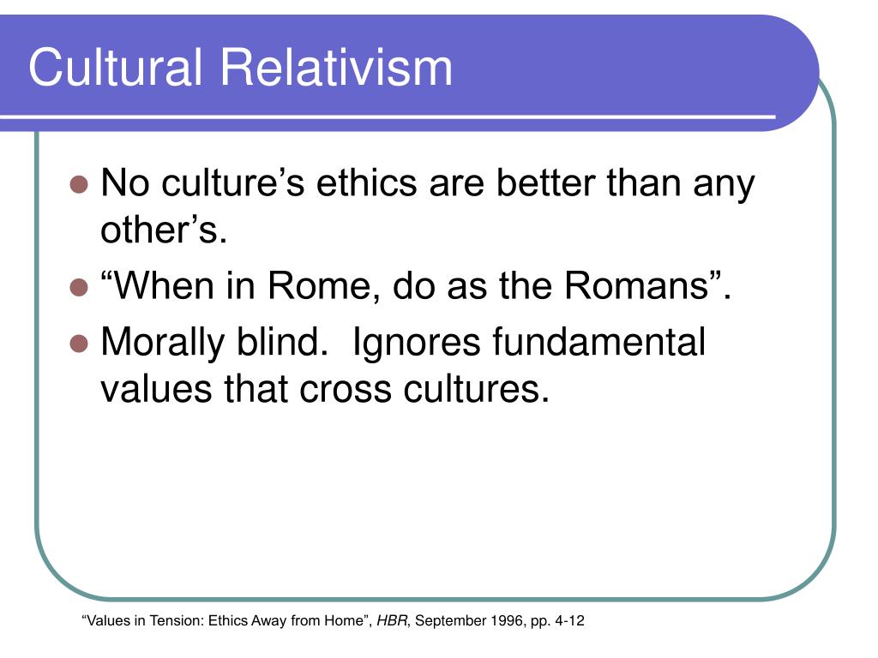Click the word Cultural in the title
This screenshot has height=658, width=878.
[115, 67]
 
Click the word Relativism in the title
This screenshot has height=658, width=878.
[336, 67]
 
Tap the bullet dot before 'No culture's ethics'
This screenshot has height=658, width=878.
[80, 184]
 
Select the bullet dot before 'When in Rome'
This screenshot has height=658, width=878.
[80, 287]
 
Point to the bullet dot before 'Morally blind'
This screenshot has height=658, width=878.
[80, 344]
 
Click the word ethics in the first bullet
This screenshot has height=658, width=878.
[367, 183]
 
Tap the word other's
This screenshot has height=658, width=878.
[164, 230]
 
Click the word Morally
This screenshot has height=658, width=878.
[163, 343]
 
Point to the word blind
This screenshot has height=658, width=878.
[282, 342]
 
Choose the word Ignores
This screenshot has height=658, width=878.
[416, 343]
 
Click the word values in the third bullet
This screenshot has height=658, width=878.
[156, 389]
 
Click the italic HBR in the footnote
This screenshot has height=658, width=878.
[393, 620]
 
